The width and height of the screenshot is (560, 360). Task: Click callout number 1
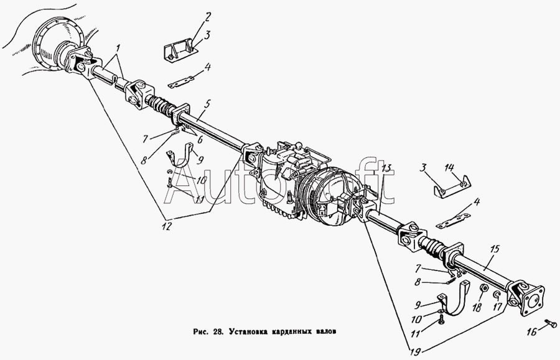click(118, 47)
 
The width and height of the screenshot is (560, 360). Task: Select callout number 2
click(207, 17)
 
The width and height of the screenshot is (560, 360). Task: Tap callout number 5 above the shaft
click(208, 104)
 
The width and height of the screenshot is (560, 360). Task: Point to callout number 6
click(200, 139)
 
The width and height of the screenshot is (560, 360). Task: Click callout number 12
click(167, 226)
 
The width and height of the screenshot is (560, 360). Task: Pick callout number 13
click(386, 167)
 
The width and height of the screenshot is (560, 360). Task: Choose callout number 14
click(449, 167)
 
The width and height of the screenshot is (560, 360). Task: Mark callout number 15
click(495, 249)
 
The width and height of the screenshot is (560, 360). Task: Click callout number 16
click(531, 332)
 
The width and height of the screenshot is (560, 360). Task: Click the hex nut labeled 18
click(481, 288)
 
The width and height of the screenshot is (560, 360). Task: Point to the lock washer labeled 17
click(497, 294)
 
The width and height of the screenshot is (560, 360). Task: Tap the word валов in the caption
click(326, 331)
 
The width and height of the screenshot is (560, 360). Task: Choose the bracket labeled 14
click(452, 187)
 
